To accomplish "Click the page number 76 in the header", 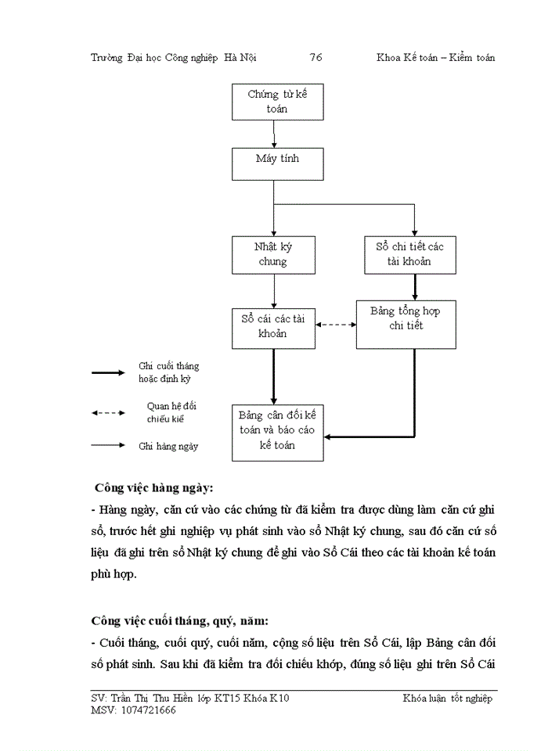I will (x=316, y=58).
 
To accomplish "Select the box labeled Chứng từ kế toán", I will (x=272, y=102).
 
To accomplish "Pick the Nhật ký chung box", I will (x=272, y=254).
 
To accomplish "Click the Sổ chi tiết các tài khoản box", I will (x=409, y=254).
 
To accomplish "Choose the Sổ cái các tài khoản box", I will (x=272, y=328).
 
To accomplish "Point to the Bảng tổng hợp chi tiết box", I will (x=406, y=325).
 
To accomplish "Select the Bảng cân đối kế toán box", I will (x=277, y=433).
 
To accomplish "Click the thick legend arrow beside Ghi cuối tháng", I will (x=108, y=372).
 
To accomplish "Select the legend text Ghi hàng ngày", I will (x=168, y=446).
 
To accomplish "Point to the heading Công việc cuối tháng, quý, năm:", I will (x=180, y=621).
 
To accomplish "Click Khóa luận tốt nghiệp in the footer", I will (x=448, y=699).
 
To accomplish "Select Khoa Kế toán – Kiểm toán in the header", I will (x=435, y=58).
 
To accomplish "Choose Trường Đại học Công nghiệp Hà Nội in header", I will (x=174, y=58).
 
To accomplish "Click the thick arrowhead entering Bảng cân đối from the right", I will (x=330, y=436).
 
